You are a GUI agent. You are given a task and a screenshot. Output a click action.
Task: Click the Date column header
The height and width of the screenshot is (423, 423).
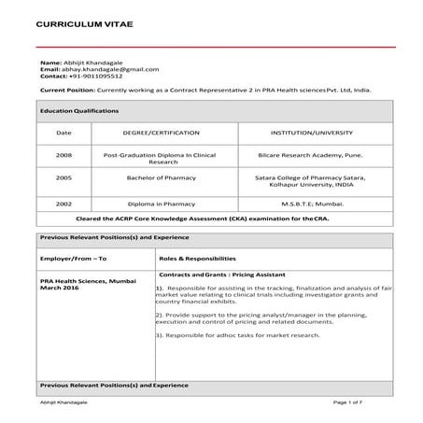pos(63,134)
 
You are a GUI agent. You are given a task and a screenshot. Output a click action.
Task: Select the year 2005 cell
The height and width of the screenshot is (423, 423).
pos(63,176)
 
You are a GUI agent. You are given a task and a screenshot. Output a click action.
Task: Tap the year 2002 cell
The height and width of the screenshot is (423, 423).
pos(63,203)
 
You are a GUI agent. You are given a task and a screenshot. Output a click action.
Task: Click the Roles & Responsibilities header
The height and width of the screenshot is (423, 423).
pos(197,258)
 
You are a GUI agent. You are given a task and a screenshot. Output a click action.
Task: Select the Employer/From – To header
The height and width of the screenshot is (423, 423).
pos(74,258)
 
